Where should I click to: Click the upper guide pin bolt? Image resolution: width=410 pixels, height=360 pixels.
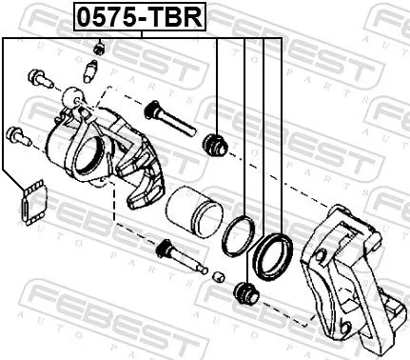(x=166, y=120)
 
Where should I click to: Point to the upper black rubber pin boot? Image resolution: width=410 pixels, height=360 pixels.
(x=215, y=144)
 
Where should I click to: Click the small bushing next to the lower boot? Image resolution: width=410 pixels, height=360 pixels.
(x=218, y=277)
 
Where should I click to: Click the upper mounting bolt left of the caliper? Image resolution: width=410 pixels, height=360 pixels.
(x=37, y=77)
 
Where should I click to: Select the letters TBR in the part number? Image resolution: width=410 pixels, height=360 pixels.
(x=179, y=16)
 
